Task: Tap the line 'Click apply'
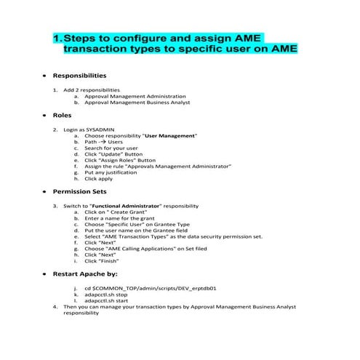[99, 178]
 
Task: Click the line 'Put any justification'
[112, 172]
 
